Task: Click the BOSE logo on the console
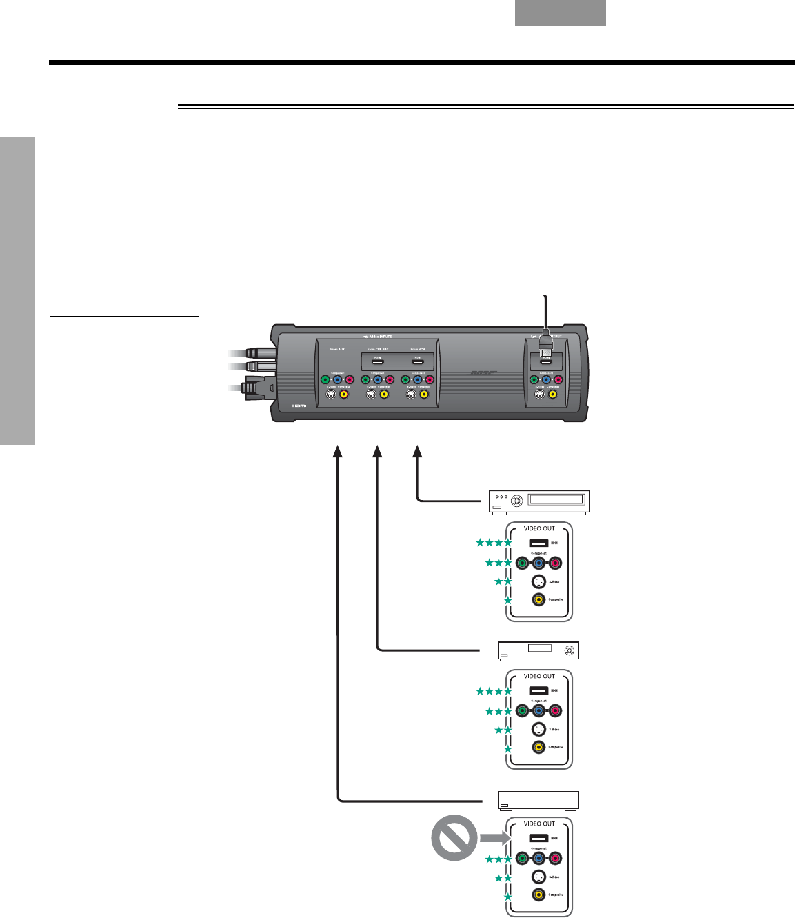483,373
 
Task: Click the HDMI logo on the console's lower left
299,406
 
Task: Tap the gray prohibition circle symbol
454,837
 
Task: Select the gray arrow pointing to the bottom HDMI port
492,838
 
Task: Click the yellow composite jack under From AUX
344,395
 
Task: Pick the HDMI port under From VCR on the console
418,361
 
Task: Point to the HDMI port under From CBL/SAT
378,361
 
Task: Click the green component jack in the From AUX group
325,379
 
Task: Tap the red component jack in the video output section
558,379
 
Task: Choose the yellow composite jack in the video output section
552,395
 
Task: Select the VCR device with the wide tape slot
539,501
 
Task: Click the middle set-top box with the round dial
539,650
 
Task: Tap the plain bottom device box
539,800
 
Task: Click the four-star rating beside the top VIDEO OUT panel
494,543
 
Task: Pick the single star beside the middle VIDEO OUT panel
508,748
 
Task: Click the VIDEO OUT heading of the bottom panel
539,824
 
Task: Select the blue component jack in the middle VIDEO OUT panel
539,710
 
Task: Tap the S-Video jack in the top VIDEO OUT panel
539,581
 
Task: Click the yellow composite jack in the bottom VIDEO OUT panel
539,895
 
